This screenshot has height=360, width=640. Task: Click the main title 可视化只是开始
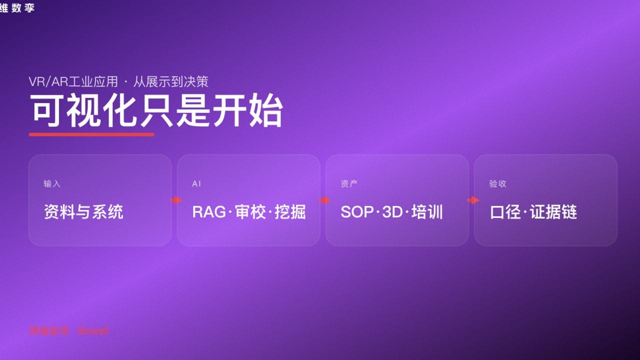tap(156, 111)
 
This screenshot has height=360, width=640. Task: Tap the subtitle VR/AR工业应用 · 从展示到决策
tap(118, 81)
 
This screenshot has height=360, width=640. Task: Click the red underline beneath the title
tap(91, 134)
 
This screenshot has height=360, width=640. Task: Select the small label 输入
tap(52, 184)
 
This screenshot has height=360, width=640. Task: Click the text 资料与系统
tap(83, 212)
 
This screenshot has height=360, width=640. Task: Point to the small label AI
tap(196, 184)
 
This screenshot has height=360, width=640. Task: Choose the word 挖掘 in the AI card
tap(290, 212)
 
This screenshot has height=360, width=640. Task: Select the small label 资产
tap(349, 184)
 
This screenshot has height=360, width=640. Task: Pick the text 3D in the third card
tap(392, 212)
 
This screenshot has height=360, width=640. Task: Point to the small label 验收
tap(497, 184)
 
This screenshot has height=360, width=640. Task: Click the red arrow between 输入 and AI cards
tap(176, 200)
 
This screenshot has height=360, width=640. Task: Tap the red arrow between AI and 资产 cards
tap(324, 200)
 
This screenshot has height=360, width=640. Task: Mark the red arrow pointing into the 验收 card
tap(473, 200)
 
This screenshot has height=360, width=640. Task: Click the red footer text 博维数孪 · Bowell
tap(68, 331)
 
